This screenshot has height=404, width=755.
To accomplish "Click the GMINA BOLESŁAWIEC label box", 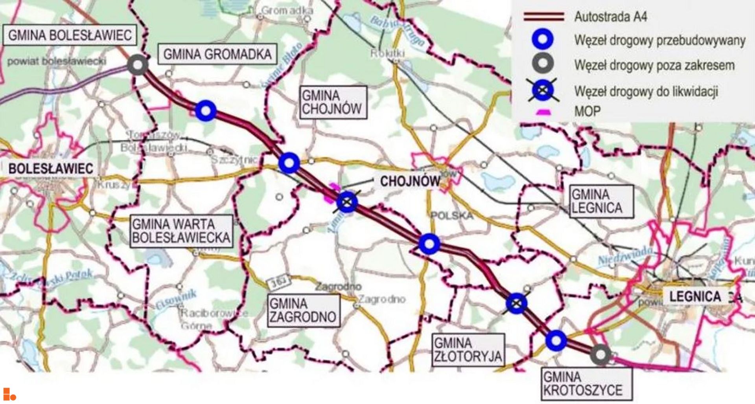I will pos(70,35).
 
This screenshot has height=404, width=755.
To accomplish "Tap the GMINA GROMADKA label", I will pos(217,54).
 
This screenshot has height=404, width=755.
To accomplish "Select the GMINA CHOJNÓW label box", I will pos(333,102).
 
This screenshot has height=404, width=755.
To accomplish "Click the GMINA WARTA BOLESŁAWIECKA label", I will pos(181,231).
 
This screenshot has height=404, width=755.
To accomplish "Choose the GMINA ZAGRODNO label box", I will pos(303,310).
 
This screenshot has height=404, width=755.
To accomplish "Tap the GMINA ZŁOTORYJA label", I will pos(468,350).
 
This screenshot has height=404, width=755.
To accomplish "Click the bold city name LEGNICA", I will pos(695,296).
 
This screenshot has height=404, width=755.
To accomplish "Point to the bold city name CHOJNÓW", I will pos(410,181).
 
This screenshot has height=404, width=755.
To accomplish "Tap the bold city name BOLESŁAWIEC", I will pos(51,169).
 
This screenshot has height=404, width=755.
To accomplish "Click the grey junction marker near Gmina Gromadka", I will pos(138,65).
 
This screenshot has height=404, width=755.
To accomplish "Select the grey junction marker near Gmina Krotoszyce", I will pos(600,355).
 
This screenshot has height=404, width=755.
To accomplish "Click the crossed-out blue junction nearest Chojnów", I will pos(347,202).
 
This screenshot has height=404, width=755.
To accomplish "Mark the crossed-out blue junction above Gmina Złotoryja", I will pos(516,303).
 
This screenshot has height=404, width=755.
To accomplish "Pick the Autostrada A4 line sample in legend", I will pos(543,17).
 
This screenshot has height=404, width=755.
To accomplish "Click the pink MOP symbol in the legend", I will pos(543,112).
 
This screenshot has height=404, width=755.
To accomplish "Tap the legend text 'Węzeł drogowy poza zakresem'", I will pos(654,65).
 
